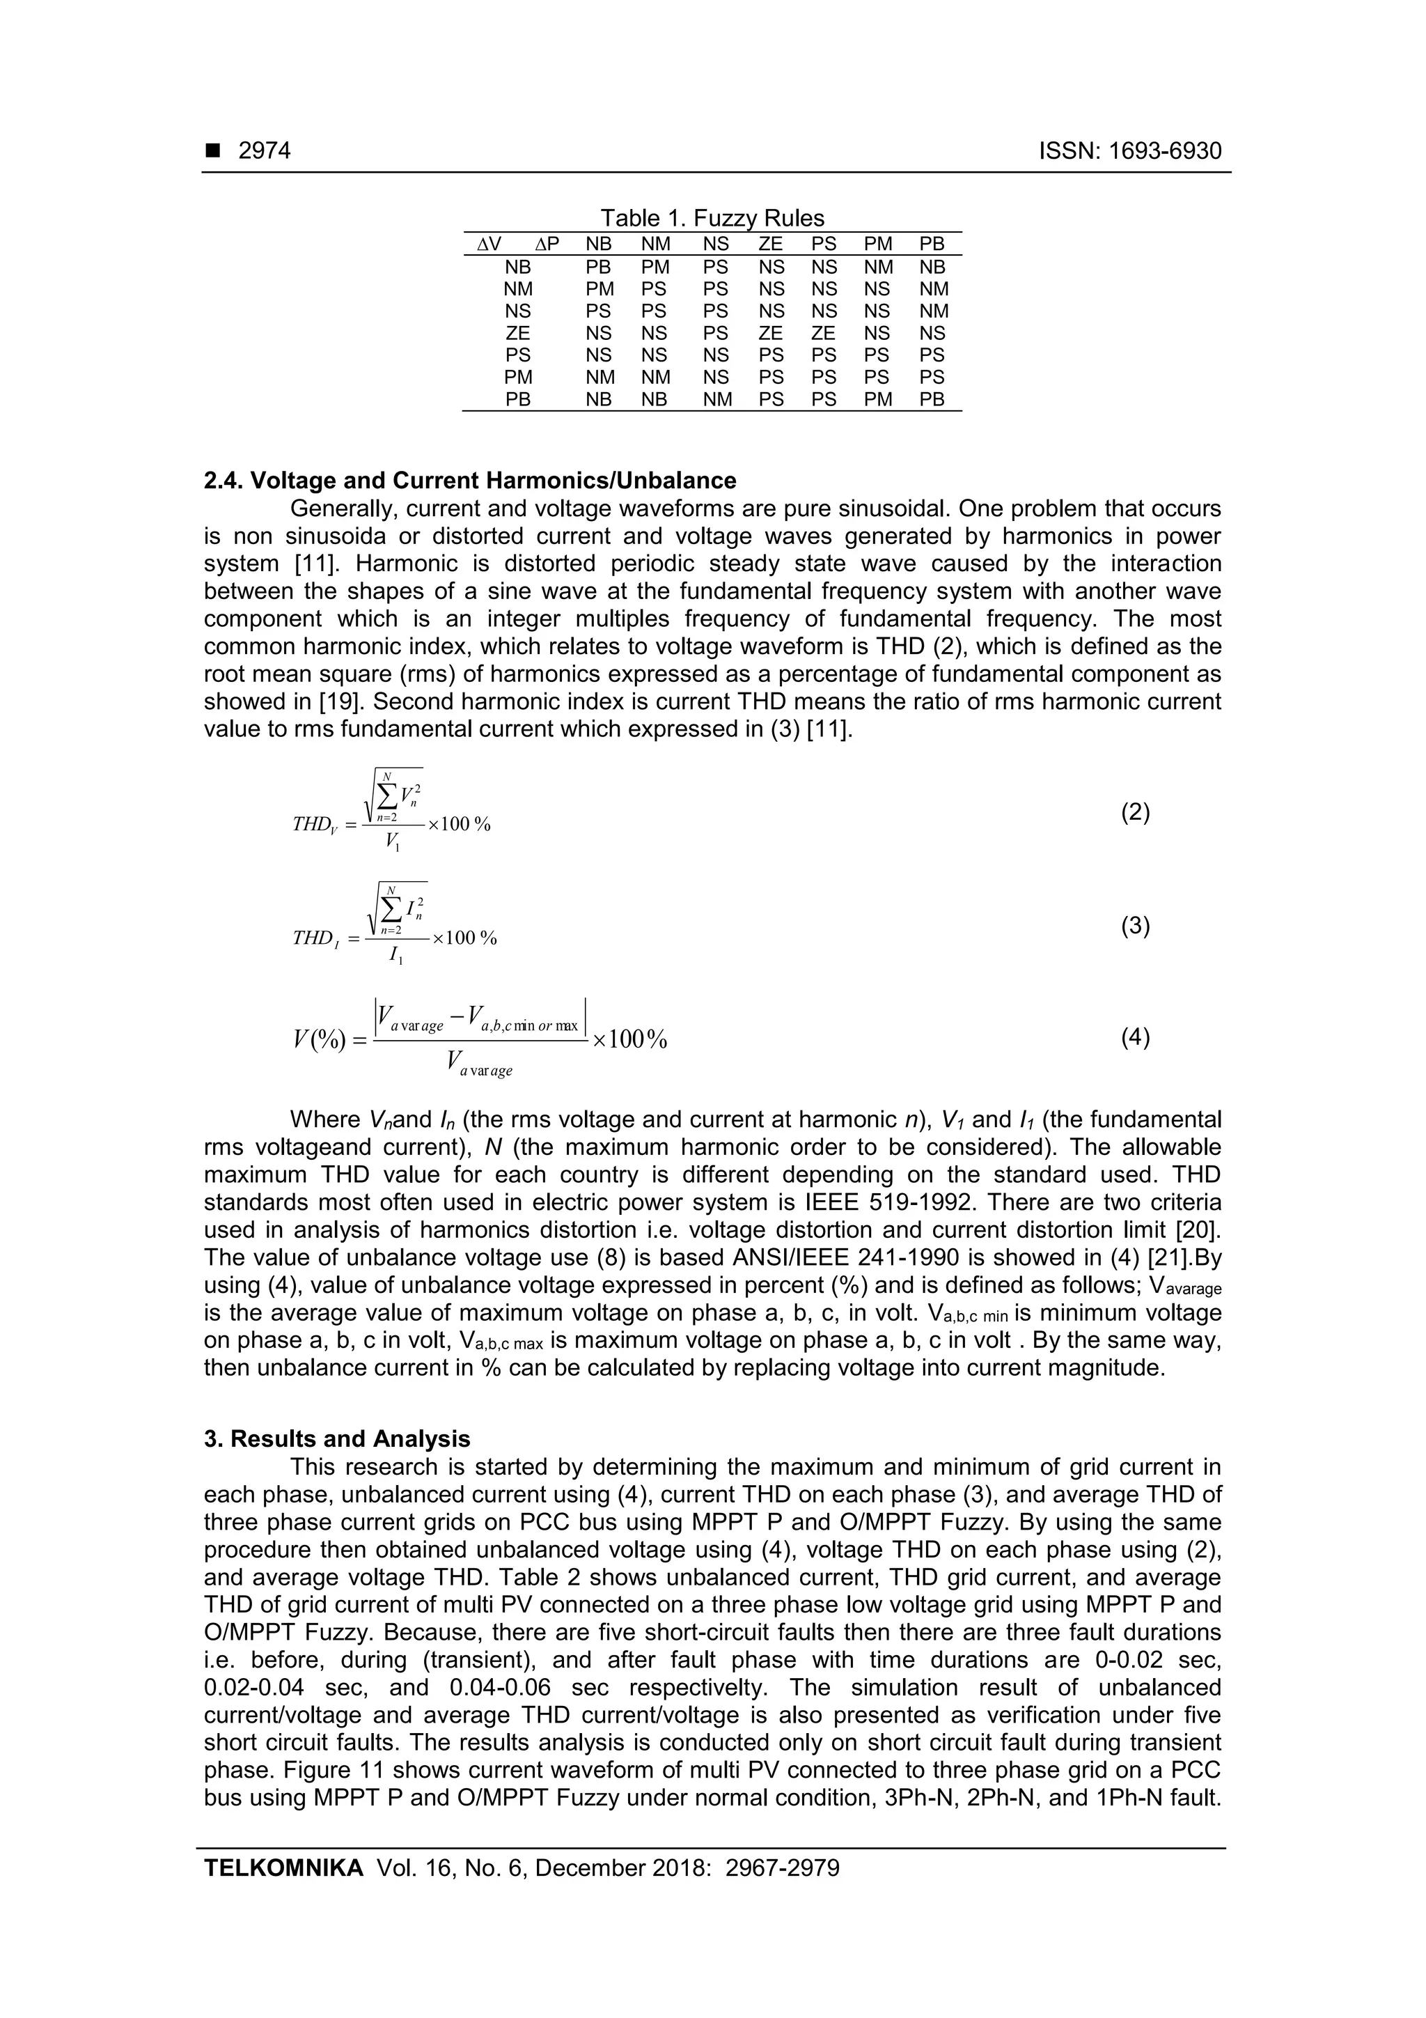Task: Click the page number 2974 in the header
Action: click(x=265, y=151)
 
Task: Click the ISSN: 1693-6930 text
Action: click(x=1130, y=151)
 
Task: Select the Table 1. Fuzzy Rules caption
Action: click(x=712, y=218)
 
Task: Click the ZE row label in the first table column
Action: click(x=517, y=333)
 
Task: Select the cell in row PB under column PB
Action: click(x=932, y=400)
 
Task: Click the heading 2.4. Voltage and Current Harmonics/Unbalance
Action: click(x=470, y=481)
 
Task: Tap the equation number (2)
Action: click(x=1135, y=812)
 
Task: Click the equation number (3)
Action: click(x=1135, y=926)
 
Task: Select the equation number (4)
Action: click(x=1135, y=1038)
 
